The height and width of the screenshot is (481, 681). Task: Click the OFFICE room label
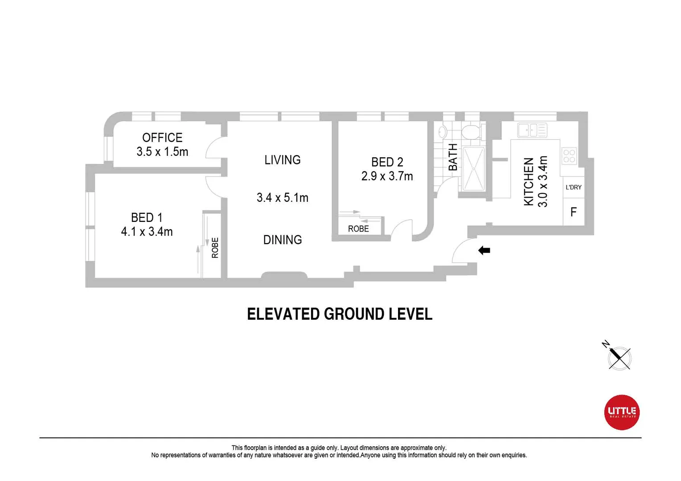point(162,138)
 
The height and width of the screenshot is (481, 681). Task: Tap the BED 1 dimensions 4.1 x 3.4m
point(147,232)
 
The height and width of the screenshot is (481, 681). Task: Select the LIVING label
point(282,160)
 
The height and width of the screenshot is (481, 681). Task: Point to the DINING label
point(282,240)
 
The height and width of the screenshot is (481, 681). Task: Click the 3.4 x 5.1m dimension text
point(282,198)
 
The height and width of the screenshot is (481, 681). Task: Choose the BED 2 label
point(387,162)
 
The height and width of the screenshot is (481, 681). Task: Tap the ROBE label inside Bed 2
point(358,229)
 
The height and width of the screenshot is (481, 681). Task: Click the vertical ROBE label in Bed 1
point(215,248)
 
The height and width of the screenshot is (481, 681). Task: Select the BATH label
point(453,157)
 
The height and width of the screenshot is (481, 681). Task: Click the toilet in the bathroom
point(471,132)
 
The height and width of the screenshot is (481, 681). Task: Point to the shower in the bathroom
point(473,168)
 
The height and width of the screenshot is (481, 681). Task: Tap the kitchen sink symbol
point(532,130)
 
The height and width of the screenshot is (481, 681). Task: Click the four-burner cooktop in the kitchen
point(569,156)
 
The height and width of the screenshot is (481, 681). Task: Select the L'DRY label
point(574,188)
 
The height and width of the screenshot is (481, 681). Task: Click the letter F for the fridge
point(574,212)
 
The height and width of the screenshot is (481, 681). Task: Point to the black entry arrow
point(484,251)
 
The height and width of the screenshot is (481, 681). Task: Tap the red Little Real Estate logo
point(622,412)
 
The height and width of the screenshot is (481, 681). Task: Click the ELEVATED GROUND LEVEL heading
point(340,314)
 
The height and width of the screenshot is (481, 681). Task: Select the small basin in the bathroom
point(442,132)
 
